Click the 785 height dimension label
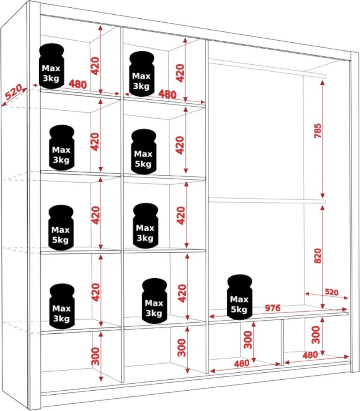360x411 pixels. (x=318, y=131)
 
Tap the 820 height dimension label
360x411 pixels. (x=318, y=256)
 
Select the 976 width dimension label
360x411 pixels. (x=272, y=308)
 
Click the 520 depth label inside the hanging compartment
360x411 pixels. (x=331, y=292)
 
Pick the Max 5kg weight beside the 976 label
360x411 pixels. (x=239, y=297)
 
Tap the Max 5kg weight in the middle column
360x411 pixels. (x=143, y=151)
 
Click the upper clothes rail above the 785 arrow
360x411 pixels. (x=267, y=68)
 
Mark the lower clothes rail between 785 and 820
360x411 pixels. (x=267, y=200)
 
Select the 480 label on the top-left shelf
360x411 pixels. (x=78, y=84)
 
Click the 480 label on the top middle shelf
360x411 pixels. (x=167, y=94)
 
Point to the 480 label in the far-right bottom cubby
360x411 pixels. (x=310, y=355)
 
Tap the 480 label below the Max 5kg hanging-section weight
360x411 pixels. (x=241, y=363)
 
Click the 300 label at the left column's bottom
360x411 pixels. (x=96, y=356)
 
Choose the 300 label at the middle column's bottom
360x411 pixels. (x=182, y=348)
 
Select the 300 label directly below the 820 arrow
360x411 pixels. (x=316, y=335)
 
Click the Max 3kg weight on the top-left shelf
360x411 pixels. (x=51, y=66)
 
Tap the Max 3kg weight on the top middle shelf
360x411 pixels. (x=142, y=74)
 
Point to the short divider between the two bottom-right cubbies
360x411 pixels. (x=282, y=342)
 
